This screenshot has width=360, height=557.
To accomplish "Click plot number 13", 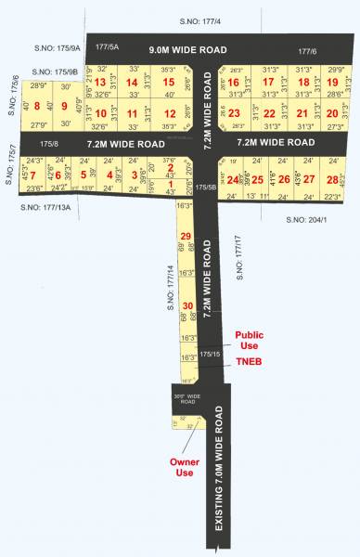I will (100, 83).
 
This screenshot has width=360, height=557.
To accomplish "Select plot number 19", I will (332, 83).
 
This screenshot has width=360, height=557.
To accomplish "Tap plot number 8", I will (36, 106).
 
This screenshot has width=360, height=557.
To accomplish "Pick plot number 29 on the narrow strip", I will (186, 236).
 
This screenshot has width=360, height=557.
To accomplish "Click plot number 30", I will (186, 305).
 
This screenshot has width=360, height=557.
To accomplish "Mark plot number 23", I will (234, 113).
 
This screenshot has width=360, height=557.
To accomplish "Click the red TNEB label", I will (248, 363).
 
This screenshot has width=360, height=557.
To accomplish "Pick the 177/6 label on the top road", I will (307, 52).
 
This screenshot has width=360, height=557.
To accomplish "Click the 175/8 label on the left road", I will (50, 144).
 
